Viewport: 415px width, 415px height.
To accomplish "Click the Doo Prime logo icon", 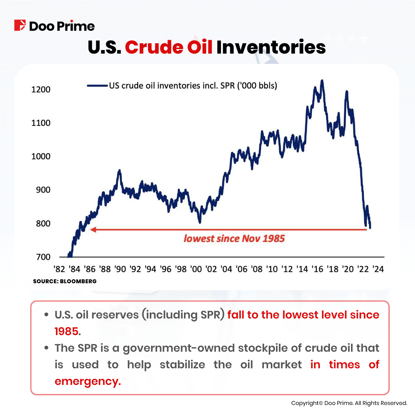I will click(20, 25).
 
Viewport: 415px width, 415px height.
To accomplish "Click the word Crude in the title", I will click(154, 47).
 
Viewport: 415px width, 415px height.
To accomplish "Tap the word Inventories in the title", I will click(271, 47).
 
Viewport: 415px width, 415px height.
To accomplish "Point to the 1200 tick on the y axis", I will click(41, 90).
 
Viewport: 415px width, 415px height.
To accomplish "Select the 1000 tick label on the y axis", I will click(41, 156).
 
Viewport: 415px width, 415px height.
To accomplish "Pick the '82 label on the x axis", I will click(59, 269).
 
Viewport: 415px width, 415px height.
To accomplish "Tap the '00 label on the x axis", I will click(196, 269).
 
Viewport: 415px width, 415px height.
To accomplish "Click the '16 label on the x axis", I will click(317, 269).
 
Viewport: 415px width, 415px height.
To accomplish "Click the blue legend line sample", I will click(97, 85).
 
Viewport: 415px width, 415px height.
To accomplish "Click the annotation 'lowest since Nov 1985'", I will click(234, 239).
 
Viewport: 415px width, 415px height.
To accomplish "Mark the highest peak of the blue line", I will click(322, 81).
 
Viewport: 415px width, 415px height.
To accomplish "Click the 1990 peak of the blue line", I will click(120, 170).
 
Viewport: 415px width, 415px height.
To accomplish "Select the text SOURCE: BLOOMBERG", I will click(65, 281).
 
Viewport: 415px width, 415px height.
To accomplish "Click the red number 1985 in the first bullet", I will click(66, 331).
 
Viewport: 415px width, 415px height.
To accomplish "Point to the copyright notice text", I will click(349, 403).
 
